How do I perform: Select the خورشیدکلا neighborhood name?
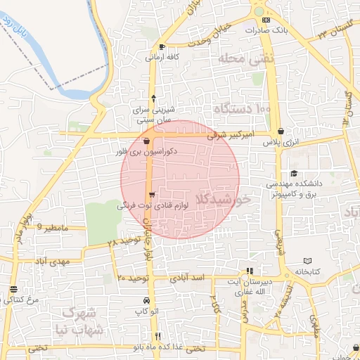tap(224, 200)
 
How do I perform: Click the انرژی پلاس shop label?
tap(276, 142)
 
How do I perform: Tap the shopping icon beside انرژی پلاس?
tap(281, 131)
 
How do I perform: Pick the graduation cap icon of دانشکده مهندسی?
tap(293, 174)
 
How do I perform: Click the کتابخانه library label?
tap(308, 271)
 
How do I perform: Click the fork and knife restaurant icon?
tap(157, 336)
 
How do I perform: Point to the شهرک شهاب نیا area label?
tap(83, 321)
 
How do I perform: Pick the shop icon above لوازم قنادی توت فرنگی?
tap(152, 195)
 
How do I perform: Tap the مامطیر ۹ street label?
tap(53, 228)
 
